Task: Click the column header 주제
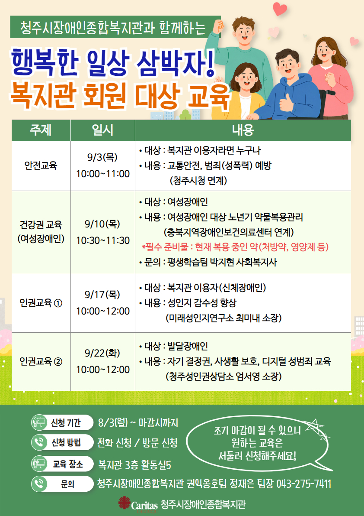click(41, 130)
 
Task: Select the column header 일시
click(102, 130)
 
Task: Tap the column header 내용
click(243, 130)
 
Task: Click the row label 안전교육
click(41, 166)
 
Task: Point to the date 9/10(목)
click(102, 224)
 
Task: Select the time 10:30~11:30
click(103, 240)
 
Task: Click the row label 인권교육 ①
click(41, 303)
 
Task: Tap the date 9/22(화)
click(102, 354)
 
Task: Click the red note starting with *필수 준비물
click(235, 247)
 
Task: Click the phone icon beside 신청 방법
click(39, 443)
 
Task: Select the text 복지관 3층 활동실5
click(134, 465)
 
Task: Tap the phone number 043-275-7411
click(304, 484)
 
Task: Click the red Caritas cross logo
click(124, 503)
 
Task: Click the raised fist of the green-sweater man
click(218, 26)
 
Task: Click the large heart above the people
click(280, 9)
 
